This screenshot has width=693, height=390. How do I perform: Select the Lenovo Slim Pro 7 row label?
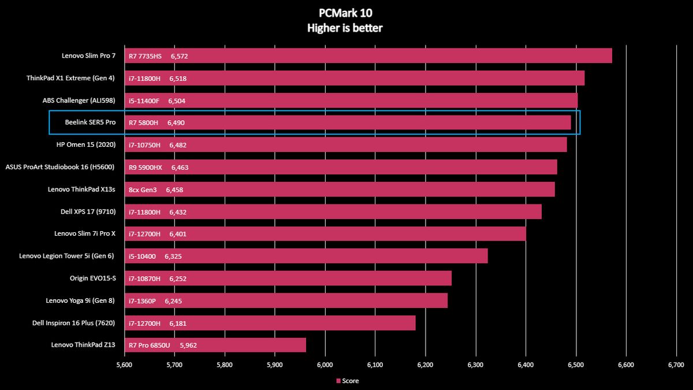[89, 56]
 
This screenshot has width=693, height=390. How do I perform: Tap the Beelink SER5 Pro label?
[91, 122]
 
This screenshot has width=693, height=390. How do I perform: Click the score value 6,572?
[179, 56]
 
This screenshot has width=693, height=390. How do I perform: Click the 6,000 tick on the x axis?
[325, 365]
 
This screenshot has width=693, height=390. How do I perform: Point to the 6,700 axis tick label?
[676, 365]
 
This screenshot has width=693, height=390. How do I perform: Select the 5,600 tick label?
[124, 365]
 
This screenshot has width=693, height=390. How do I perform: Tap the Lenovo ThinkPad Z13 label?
[84, 345]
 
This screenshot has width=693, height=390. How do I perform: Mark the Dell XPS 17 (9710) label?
[88, 211]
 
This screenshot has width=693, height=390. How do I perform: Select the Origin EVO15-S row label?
[93, 278]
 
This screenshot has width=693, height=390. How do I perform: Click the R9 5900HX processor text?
[146, 168]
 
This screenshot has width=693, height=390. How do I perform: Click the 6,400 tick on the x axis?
[526, 365]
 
